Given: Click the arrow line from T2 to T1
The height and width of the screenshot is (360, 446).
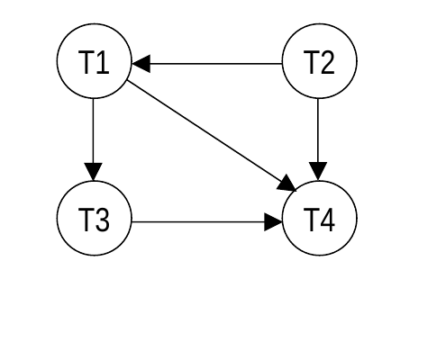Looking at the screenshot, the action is (207, 64).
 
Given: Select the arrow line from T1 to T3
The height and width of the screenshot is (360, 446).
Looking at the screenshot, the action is (93, 139).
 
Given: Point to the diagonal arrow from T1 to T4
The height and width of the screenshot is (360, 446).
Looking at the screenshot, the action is (212, 136).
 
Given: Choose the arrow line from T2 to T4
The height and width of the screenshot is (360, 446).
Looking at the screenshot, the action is (318, 139).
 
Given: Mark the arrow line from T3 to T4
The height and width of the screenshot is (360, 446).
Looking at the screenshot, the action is (207, 222).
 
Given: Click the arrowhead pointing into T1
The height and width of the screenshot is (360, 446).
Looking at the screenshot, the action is (141, 64).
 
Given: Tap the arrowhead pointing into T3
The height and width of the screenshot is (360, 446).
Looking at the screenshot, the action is (93, 172).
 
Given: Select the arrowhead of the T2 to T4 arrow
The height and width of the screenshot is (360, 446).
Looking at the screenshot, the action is (318, 172).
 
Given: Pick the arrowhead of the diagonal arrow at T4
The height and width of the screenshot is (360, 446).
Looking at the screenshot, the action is (287, 184).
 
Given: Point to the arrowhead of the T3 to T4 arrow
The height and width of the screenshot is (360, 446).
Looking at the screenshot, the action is (273, 222).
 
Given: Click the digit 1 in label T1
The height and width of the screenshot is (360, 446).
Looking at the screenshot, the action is (103, 62).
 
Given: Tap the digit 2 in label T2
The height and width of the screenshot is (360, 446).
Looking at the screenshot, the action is (327, 62).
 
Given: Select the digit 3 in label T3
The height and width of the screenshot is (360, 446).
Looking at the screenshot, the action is (103, 220).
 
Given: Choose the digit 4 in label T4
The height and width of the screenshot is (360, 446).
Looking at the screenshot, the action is (327, 220).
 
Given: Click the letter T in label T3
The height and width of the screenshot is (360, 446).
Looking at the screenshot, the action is (86, 220).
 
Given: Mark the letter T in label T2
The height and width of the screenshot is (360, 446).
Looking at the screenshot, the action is (311, 62).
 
